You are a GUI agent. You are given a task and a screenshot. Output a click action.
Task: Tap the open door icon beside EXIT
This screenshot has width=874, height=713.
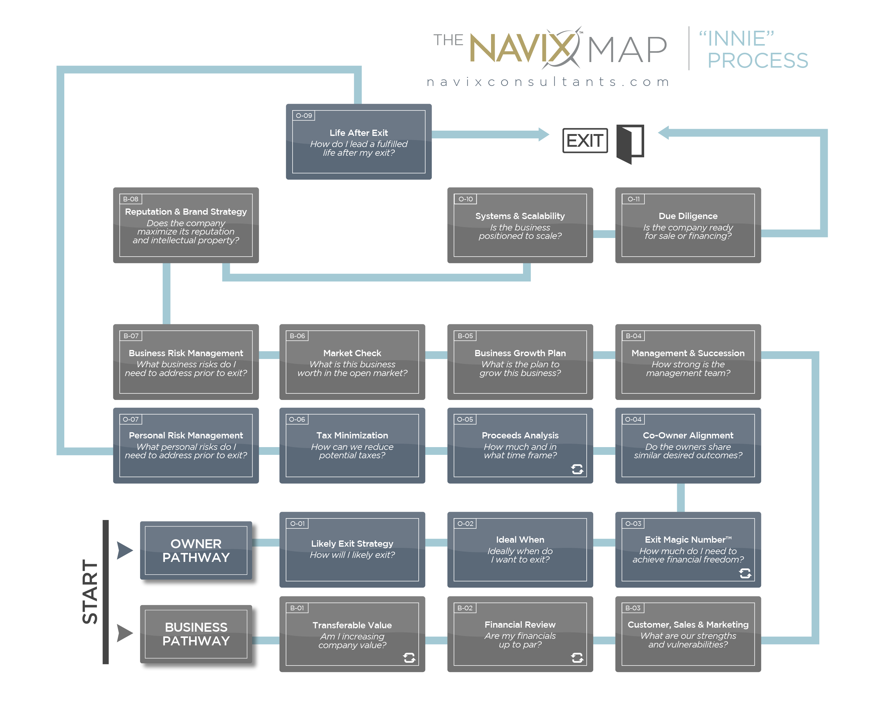coord(630,143)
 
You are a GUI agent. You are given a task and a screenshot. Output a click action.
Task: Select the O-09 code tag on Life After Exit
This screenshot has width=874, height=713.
coord(304,116)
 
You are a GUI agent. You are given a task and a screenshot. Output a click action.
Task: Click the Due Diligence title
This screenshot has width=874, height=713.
coord(688,216)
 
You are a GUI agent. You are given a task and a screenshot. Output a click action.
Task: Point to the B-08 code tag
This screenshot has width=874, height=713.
coord(131,199)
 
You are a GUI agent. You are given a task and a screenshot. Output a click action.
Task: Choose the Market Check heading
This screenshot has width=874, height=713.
coord(352,353)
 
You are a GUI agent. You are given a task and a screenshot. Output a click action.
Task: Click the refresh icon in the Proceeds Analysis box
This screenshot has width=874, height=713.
coord(577,469)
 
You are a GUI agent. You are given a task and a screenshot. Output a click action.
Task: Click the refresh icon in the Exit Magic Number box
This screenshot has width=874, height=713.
coord(745,573)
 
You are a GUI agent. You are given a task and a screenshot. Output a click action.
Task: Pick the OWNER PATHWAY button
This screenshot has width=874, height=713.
coord(196,550)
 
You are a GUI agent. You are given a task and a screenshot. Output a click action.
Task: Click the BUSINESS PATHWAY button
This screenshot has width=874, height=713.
coord(196,634)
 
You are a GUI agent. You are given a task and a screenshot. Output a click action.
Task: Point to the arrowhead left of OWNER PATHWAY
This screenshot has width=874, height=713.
coord(124,550)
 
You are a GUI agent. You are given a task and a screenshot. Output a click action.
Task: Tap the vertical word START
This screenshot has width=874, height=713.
coord(90,591)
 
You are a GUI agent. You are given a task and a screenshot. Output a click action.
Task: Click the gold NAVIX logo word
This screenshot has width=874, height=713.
coord(522,48)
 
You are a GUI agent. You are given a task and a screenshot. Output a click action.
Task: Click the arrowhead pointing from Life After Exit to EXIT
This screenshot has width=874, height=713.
coord(544,134)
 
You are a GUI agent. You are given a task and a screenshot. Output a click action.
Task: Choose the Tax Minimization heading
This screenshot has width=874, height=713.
coord(352,435)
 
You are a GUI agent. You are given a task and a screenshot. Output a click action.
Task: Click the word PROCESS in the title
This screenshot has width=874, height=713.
coord(757,61)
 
